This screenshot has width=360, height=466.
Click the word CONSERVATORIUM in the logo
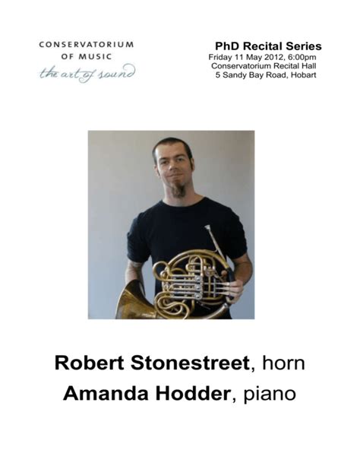(86, 44)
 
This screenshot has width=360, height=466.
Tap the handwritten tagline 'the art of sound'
(87, 73)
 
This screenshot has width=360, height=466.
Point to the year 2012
(272, 57)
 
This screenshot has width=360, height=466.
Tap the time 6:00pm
(302, 57)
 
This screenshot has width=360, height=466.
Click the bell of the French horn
(131, 303)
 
